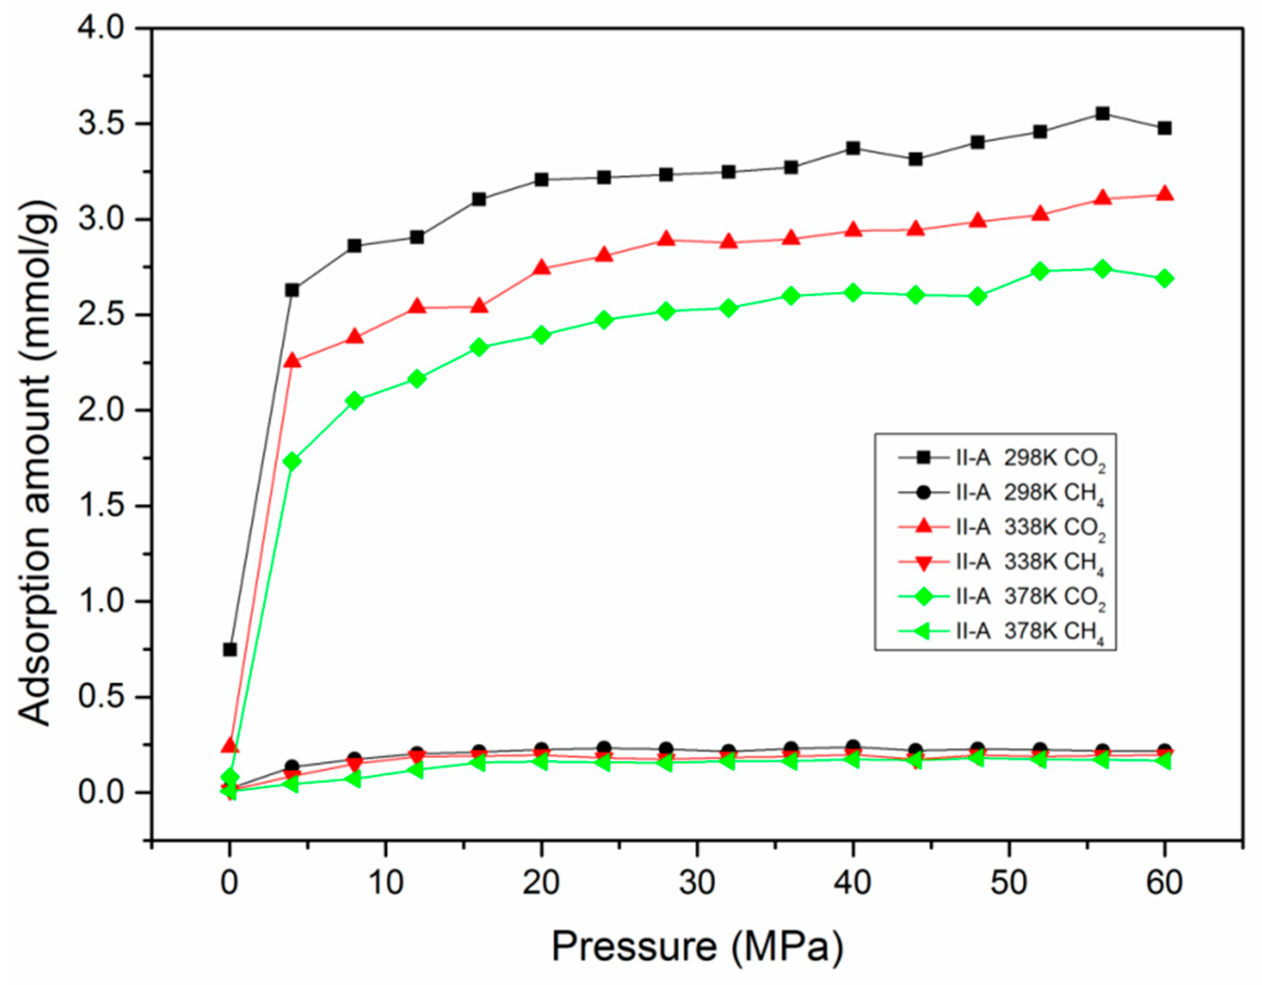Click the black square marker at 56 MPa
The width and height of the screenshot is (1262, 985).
tap(1103, 113)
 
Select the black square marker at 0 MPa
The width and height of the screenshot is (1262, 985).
tap(230, 649)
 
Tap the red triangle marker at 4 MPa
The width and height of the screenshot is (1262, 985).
tap(292, 361)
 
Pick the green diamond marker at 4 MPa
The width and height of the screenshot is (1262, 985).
tap(292, 461)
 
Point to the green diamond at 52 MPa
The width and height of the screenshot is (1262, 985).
tap(1040, 270)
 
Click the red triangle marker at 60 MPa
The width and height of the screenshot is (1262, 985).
tap(1165, 194)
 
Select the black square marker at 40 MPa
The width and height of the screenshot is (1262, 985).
tap(853, 148)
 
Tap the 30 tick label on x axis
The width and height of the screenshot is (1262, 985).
tap(697, 883)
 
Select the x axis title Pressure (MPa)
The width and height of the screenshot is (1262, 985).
tap(697, 947)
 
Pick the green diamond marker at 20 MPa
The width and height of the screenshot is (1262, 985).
tap(542, 335)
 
